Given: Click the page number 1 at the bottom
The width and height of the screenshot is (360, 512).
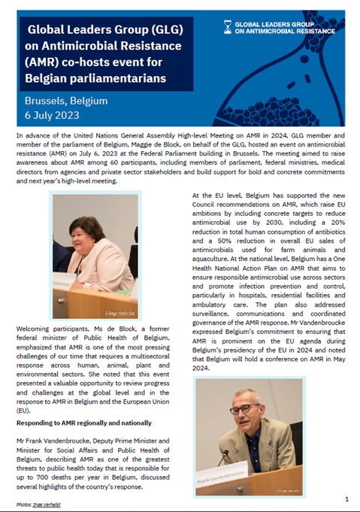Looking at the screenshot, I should pos(346,498).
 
